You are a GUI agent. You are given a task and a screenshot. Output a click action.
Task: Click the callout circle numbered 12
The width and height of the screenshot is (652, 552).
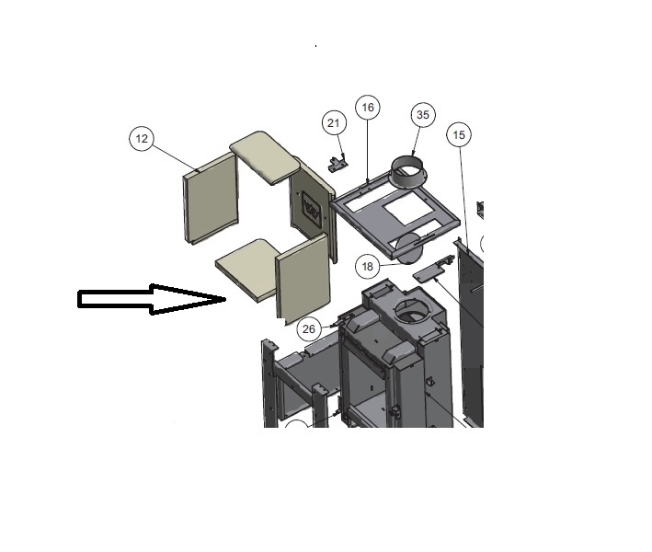point(142,139)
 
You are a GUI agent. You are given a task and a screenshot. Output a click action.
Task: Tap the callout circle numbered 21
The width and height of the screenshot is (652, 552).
point(334,123)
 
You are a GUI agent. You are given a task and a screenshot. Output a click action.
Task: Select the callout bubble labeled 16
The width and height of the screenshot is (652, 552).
point(368,108)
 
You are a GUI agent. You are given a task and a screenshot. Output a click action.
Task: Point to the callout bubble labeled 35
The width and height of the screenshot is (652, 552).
point(423,115)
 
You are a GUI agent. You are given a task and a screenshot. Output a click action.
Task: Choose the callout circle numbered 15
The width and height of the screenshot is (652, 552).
point(459,134)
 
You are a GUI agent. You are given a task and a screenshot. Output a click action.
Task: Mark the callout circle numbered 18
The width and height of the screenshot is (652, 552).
point(368,267)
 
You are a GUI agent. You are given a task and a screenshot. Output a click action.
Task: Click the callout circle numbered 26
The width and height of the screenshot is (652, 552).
point(309,329)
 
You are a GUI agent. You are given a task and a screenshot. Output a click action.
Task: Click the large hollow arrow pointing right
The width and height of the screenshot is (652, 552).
point(152,299)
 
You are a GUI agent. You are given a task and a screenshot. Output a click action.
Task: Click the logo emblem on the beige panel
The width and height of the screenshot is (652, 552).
point(312,210)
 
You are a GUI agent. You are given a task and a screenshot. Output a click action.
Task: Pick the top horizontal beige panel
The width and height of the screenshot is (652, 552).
point(265,156)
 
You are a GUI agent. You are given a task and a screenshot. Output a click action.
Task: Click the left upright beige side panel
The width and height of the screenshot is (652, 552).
point(211,198)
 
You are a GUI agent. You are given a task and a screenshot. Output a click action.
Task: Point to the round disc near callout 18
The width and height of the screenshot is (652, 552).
point(409,248)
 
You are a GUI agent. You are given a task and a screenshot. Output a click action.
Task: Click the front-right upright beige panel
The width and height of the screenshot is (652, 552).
point(303,279)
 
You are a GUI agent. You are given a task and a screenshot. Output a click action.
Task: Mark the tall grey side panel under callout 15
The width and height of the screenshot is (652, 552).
point(470,333)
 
